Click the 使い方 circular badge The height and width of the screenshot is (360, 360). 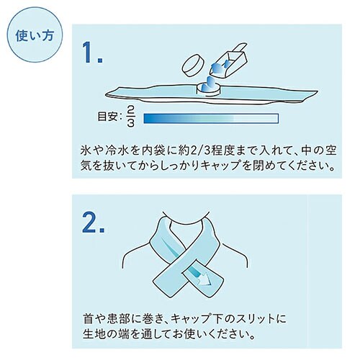coord(35,35)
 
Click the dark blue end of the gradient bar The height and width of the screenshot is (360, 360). coord(151,117)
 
